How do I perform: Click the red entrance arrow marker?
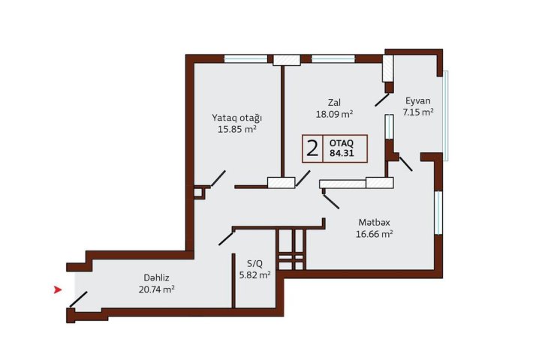pyautogui.click(x=58, y=289)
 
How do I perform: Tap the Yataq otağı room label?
pyautogui.click(x=237, y=118)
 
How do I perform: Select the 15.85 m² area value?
pyautogui.click(x=237, y=130)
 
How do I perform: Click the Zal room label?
pyautogui.click(x=334, y=103)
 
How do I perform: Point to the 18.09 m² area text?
pyautogui.click(x=334, y=114)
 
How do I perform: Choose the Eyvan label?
pyautogui.click(x=418, y=101)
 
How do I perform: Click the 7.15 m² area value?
pyautogui.click(x=418, y=112)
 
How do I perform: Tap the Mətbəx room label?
pyautogui.click(x=375, y=223)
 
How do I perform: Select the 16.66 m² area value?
pyautogui.click(x=375, y=234)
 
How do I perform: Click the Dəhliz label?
pyautogui.click(x=157, y=278)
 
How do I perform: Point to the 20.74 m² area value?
pyautogui.click(x=157, y=289)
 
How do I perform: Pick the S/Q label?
pyautogui.click(x=254, y=264)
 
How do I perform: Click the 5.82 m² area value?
pyautogui.click(x=254, y=275)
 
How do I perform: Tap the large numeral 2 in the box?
pyautogui.click(x=312, y=148)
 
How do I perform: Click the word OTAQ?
pyautogui.click(x=342, y=143)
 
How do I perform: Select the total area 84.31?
pyautogui.click(x=342, y=153)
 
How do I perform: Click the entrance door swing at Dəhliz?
pyautogui.click(x=79, y=299)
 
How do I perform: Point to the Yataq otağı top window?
pyautogui.click(x=245, y=58)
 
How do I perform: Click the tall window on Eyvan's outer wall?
pyautogui.click(x=446, y=115)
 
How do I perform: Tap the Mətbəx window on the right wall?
pyautogui.click(x=438, y=213)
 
